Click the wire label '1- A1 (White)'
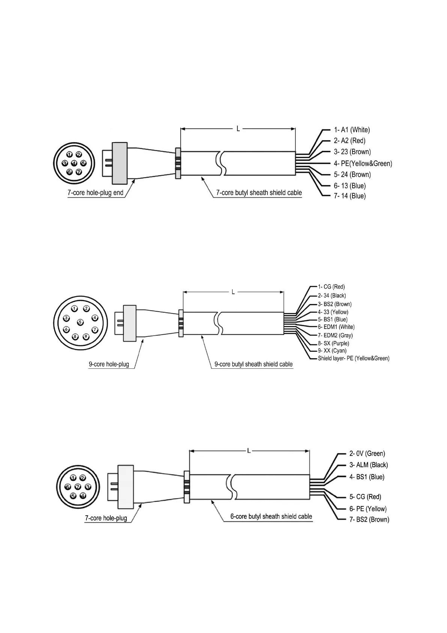352,130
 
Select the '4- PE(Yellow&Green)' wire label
363,164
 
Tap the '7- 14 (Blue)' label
349,196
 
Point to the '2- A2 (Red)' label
349,141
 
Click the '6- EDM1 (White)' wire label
336,327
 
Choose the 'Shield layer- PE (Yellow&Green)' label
354,358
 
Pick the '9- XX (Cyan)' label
332,351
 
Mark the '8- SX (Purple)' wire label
333,343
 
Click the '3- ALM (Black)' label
369,465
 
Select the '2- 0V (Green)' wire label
367,454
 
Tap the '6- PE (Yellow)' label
368,509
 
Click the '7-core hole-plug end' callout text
95,193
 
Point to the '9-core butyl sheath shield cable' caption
253,364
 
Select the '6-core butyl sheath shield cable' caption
271,516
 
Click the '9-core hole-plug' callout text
109,364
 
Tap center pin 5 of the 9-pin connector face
80,322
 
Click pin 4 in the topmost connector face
74,163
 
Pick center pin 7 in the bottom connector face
78,487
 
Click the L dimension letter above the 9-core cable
233,292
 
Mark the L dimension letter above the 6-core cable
249,450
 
